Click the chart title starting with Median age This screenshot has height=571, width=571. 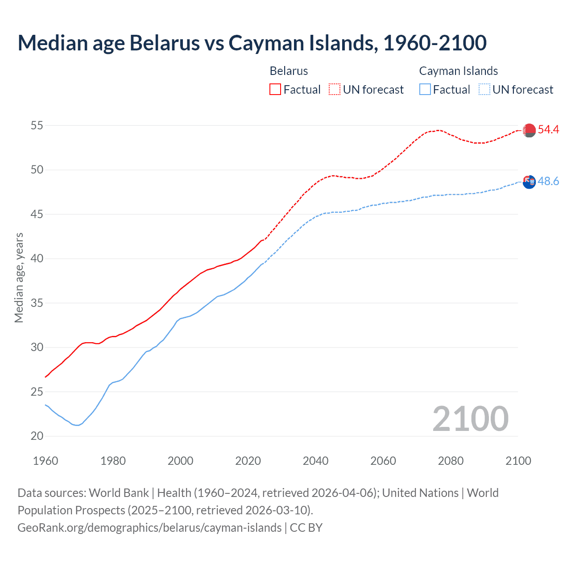(252, 43)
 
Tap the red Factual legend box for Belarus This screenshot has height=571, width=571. (275, 90)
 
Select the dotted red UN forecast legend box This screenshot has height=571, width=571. (335, 90)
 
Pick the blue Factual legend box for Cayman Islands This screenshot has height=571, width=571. (425, 90)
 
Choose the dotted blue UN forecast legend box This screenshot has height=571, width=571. (484, 90)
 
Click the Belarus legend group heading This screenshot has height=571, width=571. (289, 71)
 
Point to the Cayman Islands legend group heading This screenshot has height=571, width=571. (458, 71)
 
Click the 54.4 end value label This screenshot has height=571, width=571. (548, 130)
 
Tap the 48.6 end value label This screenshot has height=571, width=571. (548, 182)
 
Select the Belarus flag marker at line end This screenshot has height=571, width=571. (529, 130)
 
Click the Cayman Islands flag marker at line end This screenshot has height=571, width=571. (529, 182)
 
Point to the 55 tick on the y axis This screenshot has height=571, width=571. (37, 126)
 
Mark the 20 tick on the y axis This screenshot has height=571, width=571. (37, 436)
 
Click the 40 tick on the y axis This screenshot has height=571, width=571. (37, 259)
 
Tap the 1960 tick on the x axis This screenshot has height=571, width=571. (46, 461)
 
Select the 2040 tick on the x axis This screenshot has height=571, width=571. (315, 461)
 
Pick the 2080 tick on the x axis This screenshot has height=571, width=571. (451, 461)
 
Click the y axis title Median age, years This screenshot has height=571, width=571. (19, 277)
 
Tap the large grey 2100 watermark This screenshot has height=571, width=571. (470, 418)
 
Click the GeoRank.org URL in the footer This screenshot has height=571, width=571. (149, 528)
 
